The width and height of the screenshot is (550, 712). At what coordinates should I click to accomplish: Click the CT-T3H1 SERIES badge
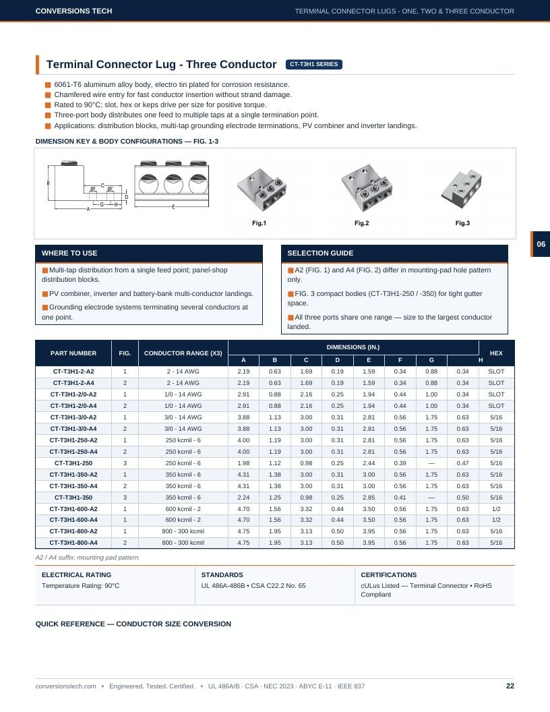coord(313,65)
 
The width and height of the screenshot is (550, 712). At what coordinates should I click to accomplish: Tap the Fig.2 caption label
coord(362,223)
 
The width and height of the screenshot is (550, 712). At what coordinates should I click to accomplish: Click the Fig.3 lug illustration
coord(462,189)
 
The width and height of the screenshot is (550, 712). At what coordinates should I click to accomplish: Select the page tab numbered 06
coord(541,244)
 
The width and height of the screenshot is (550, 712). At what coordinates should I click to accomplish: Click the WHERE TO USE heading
coord(69,253)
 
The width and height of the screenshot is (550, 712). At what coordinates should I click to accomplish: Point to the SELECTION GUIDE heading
coord(320,253)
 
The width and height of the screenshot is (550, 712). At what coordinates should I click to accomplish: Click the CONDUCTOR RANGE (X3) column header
coord(183,353)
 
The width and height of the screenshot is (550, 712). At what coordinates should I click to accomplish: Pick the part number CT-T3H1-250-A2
coord(73,440)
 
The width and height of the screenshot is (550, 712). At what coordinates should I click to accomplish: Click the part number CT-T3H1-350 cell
coord(73,497)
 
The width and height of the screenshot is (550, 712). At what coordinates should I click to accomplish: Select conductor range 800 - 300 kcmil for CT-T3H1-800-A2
coord(183,531)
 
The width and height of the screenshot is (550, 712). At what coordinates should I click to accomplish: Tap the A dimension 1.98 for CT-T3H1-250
coord(244,463)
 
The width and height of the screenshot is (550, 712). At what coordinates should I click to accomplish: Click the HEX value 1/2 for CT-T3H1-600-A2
coord(497,508)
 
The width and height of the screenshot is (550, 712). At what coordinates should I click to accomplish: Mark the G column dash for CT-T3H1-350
coord(431,497)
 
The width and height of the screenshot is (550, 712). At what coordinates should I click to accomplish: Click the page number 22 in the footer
coord(510,686)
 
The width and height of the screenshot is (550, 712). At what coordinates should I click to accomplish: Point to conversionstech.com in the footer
coord(66,686)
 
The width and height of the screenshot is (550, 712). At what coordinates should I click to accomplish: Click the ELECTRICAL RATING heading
coord(76,575)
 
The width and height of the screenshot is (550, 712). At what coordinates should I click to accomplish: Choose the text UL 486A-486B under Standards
coord(222,586)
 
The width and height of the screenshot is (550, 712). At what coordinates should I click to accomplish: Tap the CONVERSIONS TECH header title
coord(73,11)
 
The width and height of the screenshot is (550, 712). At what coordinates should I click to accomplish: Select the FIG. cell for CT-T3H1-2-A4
coord(125,383)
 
